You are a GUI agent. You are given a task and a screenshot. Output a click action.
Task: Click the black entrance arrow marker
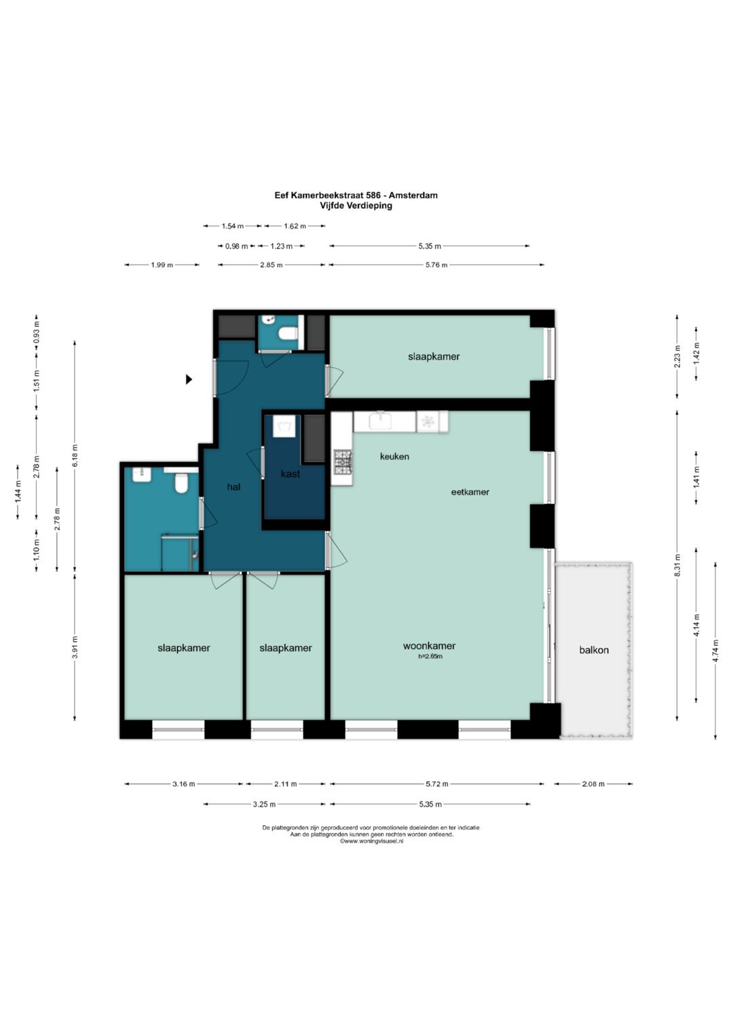coord(189,379)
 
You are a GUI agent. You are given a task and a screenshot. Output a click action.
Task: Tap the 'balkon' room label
coord(594,650)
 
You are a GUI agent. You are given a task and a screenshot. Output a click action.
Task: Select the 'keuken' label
coord(394,457)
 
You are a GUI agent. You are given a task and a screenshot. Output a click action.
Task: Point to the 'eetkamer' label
coord(470,492)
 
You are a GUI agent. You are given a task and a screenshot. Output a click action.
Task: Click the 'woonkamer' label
coord(429,646)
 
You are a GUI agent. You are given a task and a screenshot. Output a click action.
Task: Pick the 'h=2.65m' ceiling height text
coord(430,656)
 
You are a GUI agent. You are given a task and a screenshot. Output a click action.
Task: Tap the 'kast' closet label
coord(290,474)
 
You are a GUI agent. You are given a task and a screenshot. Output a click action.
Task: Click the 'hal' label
coord(233,486)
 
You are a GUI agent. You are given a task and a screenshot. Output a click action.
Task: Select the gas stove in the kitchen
coord(343,462)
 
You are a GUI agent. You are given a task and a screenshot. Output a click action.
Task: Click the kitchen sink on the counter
coord(380,421)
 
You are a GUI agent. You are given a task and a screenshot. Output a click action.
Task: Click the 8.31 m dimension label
coord(677,565)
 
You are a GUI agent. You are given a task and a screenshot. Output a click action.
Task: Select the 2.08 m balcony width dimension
coord(593,784)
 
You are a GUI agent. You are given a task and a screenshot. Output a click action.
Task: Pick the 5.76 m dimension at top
coord(436,265)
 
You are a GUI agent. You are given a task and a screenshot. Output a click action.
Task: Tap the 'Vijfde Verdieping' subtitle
coord(357,206)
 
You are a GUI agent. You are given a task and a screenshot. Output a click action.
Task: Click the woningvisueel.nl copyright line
coord(371,841)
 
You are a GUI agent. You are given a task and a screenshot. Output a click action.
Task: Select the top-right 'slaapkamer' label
coord(434,357)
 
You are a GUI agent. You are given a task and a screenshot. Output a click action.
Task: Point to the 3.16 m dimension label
coord(184,784)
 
